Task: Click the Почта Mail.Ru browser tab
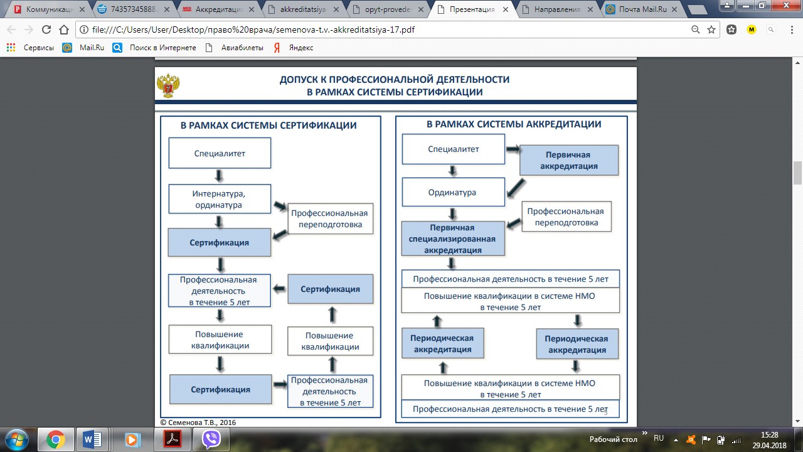tap(642, 9)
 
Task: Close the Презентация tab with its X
tap(506, 9)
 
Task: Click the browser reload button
tap(46, 30)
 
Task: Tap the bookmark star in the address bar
tap(711, 30)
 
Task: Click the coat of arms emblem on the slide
tap(168, 85)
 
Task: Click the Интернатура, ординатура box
tap(220, 199)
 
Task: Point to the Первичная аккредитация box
tap(569, 160)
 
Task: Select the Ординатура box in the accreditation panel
tap(453, 192)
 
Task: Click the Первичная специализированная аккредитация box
tap(453, 239)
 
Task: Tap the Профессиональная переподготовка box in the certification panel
tap(330, 219)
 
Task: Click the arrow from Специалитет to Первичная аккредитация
tap(513, 149)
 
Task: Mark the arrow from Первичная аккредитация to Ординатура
tap(516, 188)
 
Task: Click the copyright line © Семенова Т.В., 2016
tap(198, 422)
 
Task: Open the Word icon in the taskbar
tap(92, 439)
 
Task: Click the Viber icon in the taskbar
tap(211, 439)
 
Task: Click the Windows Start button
tap(17, 439)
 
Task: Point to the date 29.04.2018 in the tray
tap(769, 446)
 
